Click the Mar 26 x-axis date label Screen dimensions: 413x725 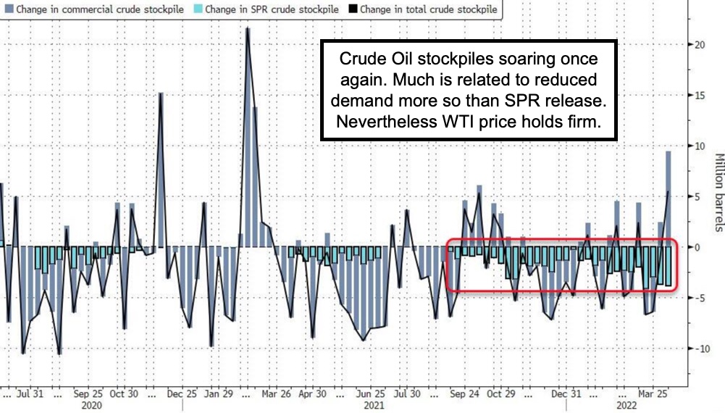tap(276, 394)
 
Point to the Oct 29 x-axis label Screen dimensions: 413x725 tap(500, 394)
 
